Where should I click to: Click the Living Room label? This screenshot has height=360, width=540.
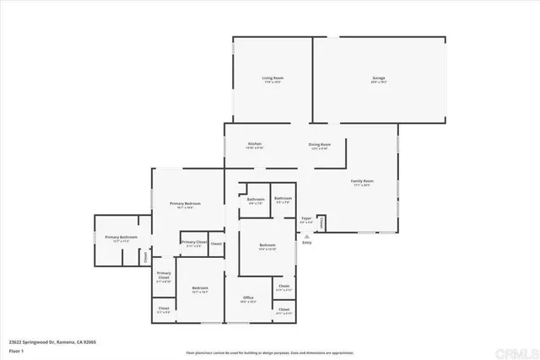pyautogui.click(x=272, y=78)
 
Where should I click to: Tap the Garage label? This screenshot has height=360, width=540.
pyautogui.click(x=379, y=78)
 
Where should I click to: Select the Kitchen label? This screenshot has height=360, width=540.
pyautogui.click(x=255, y=144)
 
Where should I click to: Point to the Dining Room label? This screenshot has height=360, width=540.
pyautogui.click(x=319, y=144)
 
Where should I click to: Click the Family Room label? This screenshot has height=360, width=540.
pyautogui.click(x=363, y=181)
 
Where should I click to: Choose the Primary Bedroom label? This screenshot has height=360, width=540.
pyautogui.click(x=185, y=203)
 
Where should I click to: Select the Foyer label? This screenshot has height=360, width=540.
pyautogui.click(x=306, y=218)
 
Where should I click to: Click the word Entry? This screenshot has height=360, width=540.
pyautogui.click(x=306, y=244)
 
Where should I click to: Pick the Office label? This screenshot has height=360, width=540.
pyautogui.click(x=249, y=298)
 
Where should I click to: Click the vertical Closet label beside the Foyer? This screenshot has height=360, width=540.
pyautogui.click(x=321, y=223)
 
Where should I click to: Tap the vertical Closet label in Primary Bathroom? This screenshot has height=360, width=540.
pyautogui.click(x=145, y=257)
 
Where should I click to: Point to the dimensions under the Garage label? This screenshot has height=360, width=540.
pyautogui.click(x=379, y=83)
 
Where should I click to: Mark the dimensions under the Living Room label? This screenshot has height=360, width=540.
pyautogui.click(x=272, y=83)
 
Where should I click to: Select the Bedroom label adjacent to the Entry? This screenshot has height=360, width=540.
pyautogui.click(x=267, y=244)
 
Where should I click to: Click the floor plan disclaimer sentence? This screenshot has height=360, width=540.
pyautogui.click(x=270, y=352)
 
